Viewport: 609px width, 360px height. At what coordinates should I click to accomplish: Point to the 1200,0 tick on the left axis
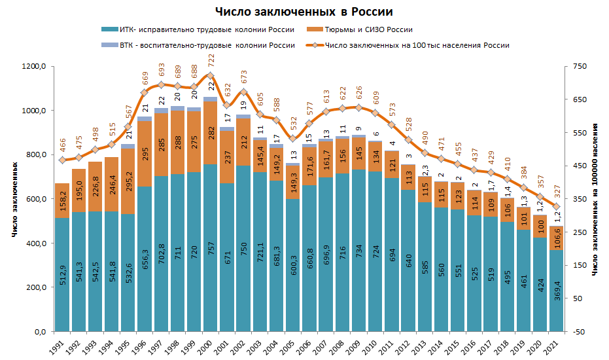point(32,67)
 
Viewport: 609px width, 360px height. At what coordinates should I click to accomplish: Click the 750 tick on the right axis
point(578,67)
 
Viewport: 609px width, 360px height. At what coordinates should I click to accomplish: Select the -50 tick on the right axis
point(578,332)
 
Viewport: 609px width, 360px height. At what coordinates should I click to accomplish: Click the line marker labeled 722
point(210,76)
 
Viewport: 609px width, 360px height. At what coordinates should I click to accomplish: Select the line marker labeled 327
point(556,207)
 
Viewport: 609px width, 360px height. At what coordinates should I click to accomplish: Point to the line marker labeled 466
point(62,160)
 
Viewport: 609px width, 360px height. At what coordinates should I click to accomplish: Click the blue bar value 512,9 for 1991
point(62,276)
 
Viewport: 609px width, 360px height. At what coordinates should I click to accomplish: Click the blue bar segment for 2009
point(358,262)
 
